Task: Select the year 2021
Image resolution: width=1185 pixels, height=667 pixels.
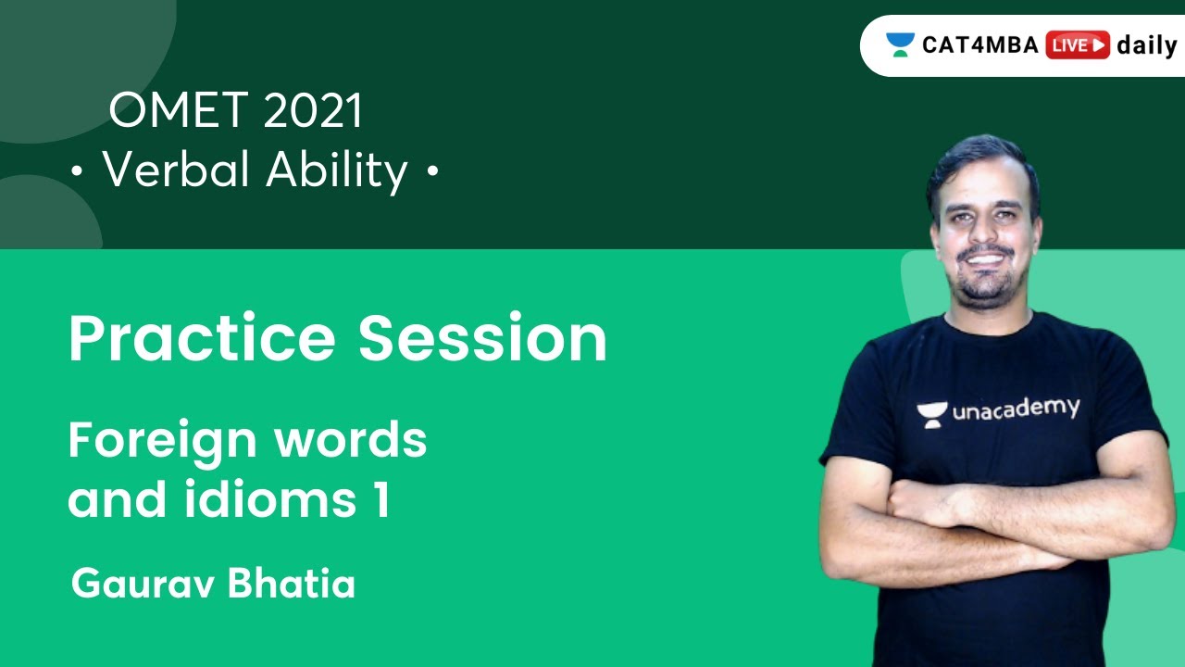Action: point(313,112)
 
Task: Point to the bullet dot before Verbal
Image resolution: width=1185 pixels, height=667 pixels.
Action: point(76,173)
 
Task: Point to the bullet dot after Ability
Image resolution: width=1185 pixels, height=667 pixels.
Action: point(431,173)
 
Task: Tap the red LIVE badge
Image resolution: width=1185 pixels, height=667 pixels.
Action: point(1077,45)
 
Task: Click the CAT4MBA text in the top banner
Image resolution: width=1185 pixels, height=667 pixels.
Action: point(980,45)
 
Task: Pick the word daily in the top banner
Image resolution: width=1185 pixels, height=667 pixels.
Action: point(1146,45)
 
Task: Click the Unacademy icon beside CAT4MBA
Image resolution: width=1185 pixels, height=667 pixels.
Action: point(899,44)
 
